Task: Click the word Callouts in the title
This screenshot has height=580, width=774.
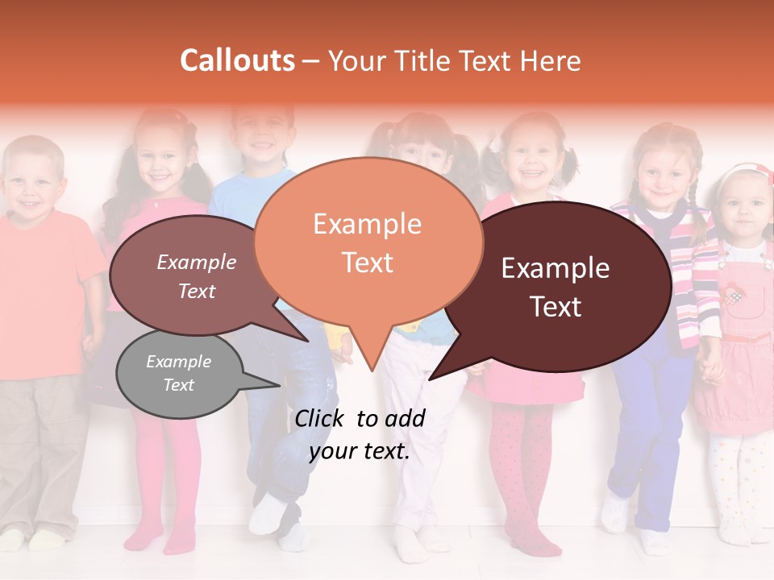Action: point(237,60)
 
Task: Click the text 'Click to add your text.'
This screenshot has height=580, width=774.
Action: point(360,434)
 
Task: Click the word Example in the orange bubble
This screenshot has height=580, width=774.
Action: point(367,224)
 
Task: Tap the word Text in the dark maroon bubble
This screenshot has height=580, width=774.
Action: point(556,306)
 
